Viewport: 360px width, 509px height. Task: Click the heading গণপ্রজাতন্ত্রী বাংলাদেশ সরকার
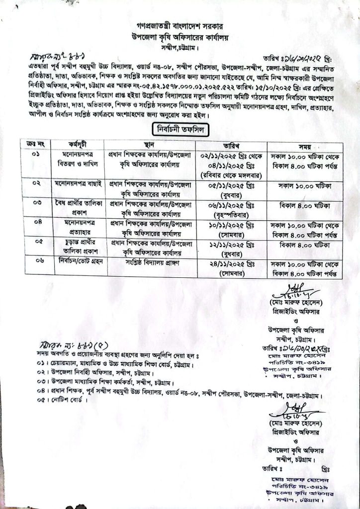click(x=180, y=23)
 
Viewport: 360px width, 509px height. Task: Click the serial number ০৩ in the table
click(x=37, y=203)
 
